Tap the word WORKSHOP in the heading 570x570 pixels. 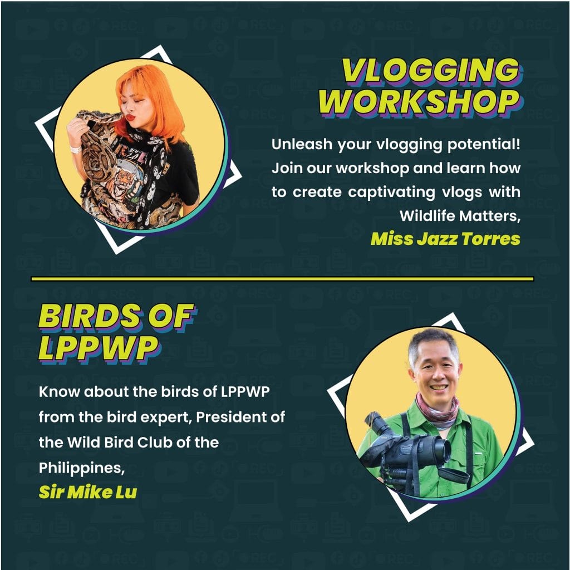pyautogui.click(x=420, y=102)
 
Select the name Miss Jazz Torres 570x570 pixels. pyautogui.click(x=445, y=239)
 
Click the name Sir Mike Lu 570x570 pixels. pyautogui.click(x=88, y=492)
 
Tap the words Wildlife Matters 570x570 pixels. pyautogui.click(x=460, y=216)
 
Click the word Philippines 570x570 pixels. pyautogui.click(x=82, y=468)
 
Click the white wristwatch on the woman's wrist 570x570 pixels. pyautogui.click(x=76, y=149)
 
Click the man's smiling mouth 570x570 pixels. pyautogui.click(x=438, y=387)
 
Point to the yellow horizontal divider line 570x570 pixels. pyautogui.click(x=282, y=279)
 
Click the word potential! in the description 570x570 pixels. pyautogui.click(x=484, y=145)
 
